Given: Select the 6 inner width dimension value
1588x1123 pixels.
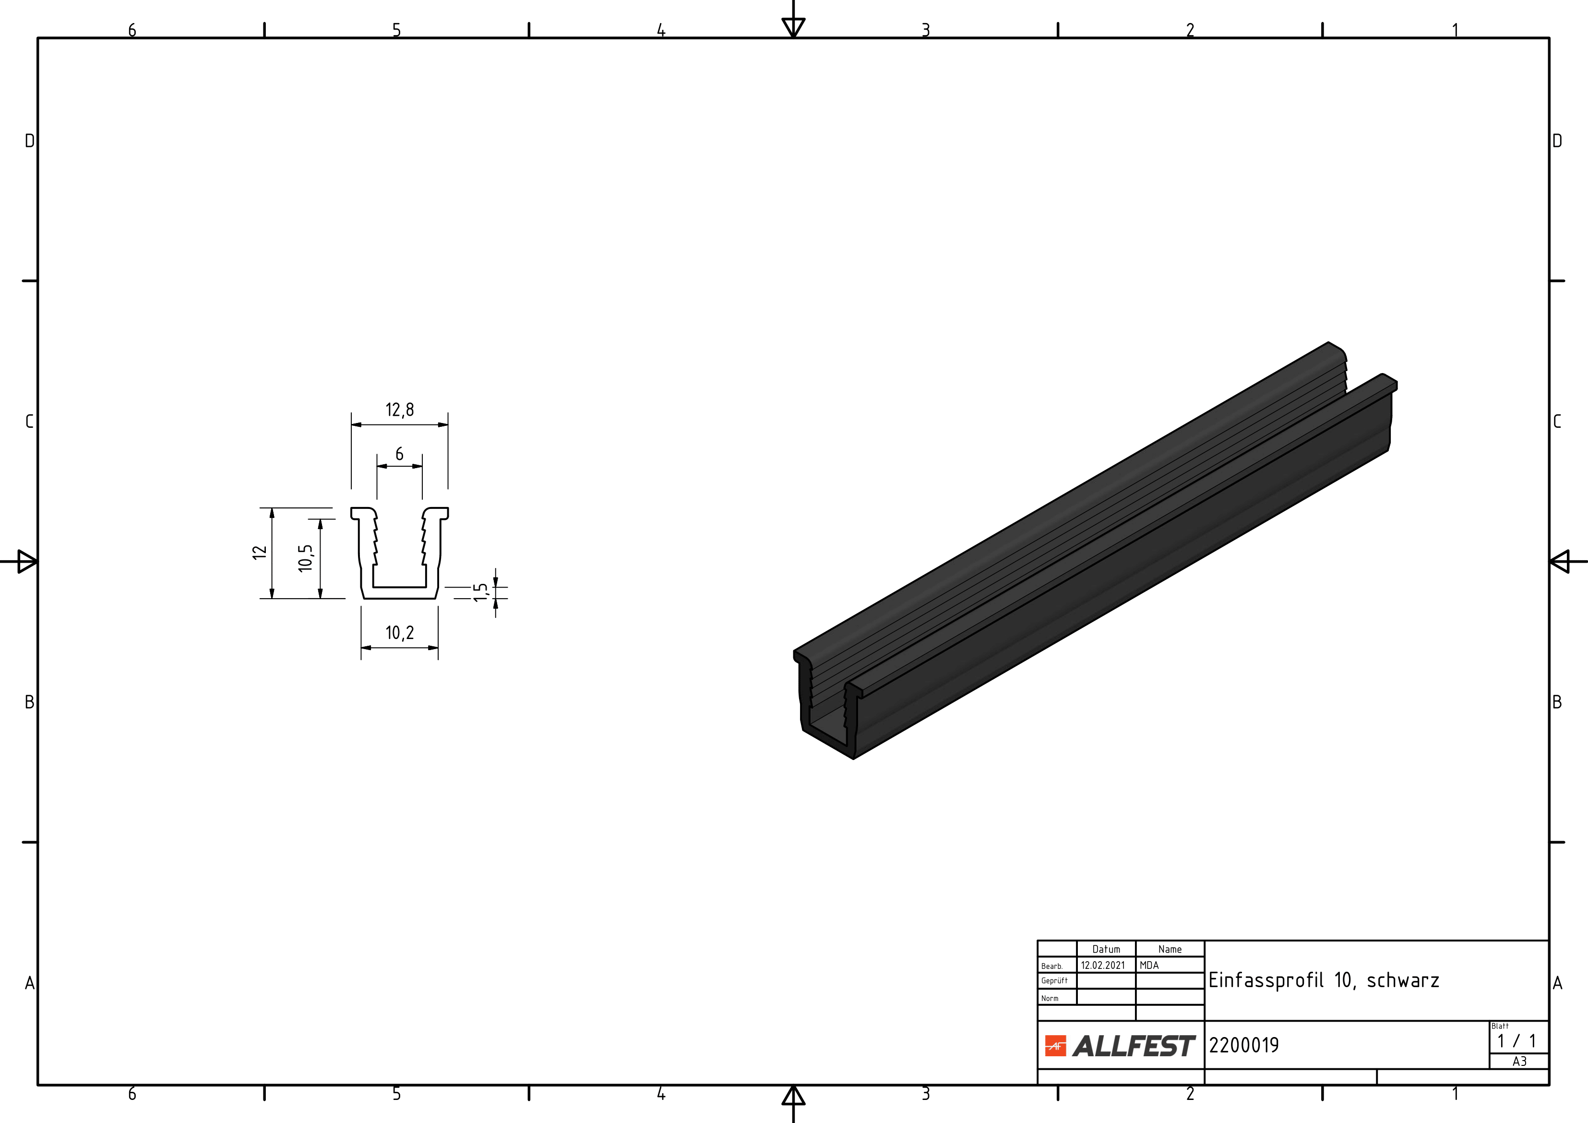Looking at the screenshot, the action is (399, 454).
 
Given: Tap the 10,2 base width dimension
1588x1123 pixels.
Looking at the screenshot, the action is (400, 633).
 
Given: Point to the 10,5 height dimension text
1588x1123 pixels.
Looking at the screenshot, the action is (306, 558).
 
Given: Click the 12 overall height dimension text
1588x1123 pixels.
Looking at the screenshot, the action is (259, 552).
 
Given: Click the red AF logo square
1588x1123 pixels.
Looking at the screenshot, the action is (1055, 1046).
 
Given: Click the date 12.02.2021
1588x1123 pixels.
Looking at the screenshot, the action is (1103, 965).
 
